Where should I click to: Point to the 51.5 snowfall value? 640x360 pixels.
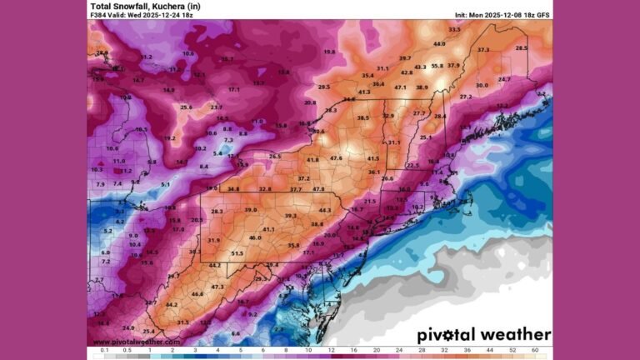coord(237,253)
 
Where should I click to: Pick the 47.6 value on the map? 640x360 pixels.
coord(337,157)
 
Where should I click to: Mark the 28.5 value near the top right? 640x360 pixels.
coord(522,48)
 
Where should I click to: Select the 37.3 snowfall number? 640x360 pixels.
coord(483,50)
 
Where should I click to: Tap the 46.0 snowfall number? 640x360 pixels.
coord(255,237)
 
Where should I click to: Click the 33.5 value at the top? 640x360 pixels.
coord(454,29)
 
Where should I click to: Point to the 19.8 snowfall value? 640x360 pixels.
coord(329,52)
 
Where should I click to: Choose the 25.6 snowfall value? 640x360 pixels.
coord(186,107)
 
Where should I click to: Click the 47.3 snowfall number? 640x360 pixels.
coord(217,287)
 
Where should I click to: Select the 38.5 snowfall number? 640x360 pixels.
coord(362,118)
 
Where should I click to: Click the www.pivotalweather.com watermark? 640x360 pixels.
coord(135,342)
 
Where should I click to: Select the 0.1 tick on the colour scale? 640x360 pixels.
coord(104,351)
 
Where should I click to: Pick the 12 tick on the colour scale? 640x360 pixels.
coord(332,351)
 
